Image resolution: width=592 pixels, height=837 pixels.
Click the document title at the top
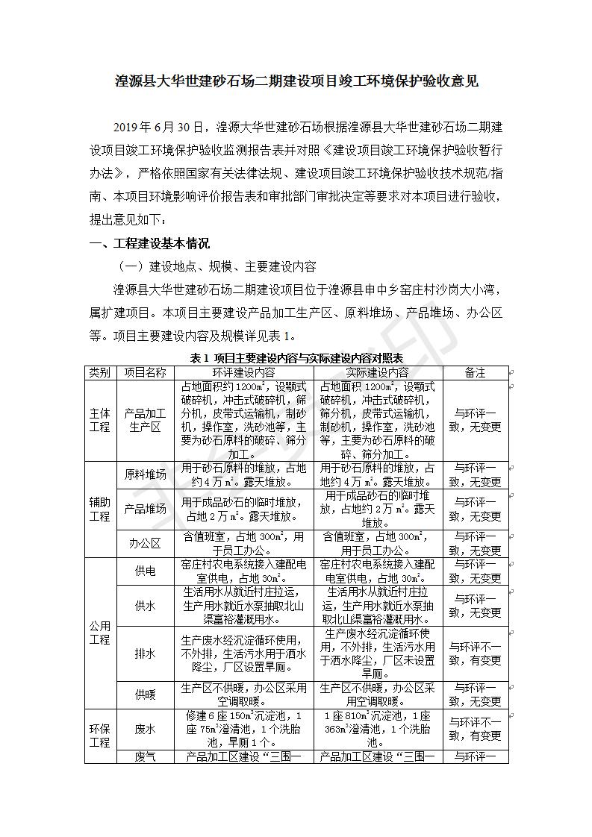[296, 81]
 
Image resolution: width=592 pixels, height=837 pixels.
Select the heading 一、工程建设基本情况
[149, 243]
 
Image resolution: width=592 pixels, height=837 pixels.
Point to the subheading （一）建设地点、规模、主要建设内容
[216, 266]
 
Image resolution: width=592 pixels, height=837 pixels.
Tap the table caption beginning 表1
[296, 358]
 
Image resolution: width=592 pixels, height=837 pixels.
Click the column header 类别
[100, 372]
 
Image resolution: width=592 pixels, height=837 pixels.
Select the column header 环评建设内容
[243, 372]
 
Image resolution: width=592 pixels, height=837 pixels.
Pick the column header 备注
[475, 372]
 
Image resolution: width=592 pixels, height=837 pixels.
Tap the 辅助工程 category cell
[100, 509]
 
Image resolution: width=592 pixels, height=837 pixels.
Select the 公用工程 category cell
[100, 633]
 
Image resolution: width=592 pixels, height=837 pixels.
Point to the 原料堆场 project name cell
[145, 475]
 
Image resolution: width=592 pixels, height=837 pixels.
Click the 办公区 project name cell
[145, 543]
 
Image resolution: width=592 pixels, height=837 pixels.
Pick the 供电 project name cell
[145, 571]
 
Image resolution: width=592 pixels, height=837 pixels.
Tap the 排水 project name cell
[145, 653]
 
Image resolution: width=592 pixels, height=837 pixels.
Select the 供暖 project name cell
[145, 694]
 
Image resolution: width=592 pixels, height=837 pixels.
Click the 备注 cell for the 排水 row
[475, 653]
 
